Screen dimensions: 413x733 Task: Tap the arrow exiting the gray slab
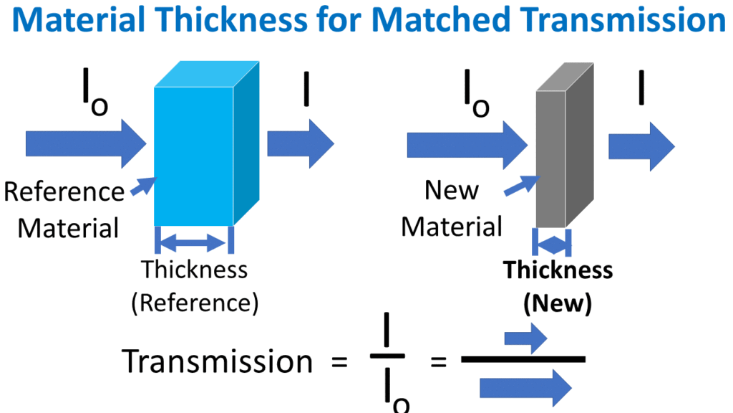[641, 146]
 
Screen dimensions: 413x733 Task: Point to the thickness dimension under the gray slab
[552, 244]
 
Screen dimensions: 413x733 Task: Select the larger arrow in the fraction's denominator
[525, 388]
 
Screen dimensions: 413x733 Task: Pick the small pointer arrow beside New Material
[520, 184]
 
